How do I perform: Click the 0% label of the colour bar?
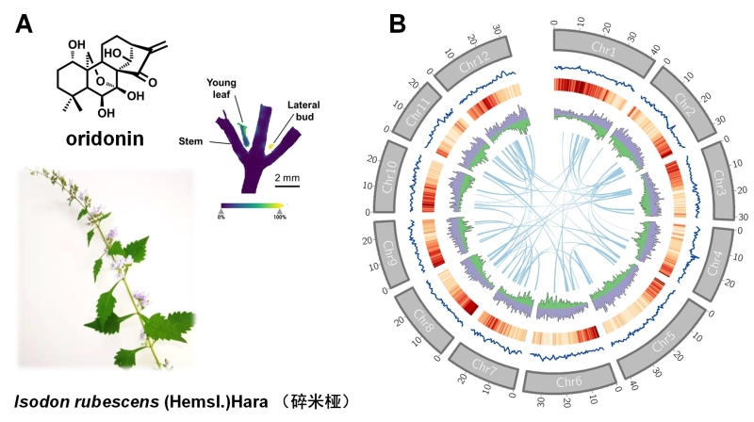pyautogui.click(x=221, y=218)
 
